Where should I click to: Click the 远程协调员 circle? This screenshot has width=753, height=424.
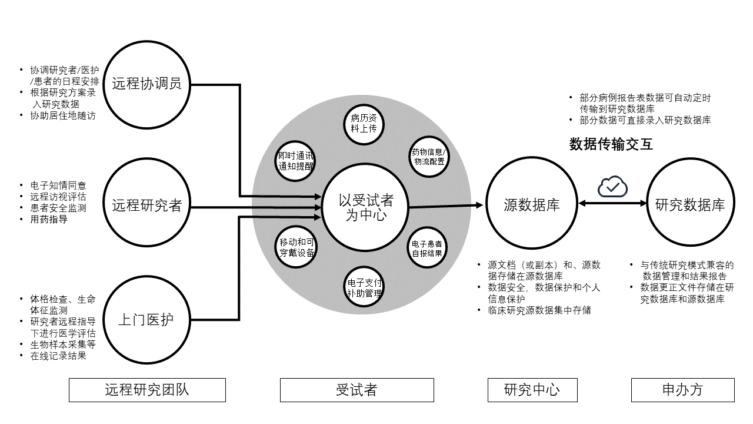click(x=146, y=84)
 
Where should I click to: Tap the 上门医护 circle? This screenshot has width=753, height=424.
click(x=146, y=320)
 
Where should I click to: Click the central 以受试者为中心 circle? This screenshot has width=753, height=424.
click(x=365, y=207)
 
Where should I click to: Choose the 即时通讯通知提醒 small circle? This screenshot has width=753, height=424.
click(x=296, y=160)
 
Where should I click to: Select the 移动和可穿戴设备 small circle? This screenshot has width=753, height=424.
click(x=296, y=247)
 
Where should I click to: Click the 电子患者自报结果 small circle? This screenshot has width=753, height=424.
click(x=427, y=248)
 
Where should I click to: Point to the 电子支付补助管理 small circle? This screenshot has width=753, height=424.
click(x=364, y=287)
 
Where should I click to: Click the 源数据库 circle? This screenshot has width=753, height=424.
click(x=531, y=204)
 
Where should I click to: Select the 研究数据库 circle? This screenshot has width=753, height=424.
click(x=690, y=204)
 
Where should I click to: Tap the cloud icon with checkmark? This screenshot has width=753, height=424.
click(x=612, y=187)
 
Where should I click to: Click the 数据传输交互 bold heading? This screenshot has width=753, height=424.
click(x=611, y=144)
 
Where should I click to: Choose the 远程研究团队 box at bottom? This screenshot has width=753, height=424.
click(x=147, y=390)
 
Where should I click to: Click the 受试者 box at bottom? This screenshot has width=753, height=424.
click(x=356, y=390)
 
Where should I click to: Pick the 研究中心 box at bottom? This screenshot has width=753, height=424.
click(x=532, y=390)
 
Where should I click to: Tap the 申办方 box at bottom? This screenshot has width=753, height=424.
click(x=682, y=390)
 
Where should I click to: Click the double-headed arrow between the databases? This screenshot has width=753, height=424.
click(x=612, y=203)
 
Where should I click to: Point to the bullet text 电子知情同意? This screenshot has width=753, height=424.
click(x=58, y=185)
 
